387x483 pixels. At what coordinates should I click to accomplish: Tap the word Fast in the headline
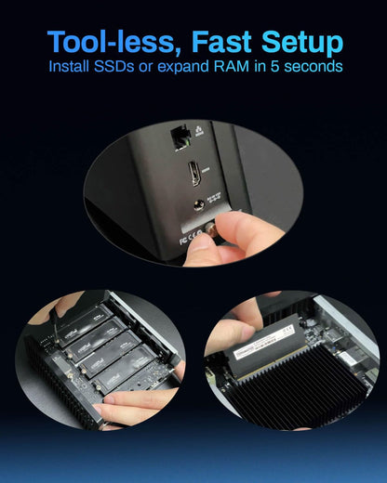[206, 42]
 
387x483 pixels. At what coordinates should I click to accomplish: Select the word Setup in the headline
[296, 42]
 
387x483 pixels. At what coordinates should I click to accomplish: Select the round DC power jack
[199, 208]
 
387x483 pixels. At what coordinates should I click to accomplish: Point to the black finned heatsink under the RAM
[298, 381]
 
